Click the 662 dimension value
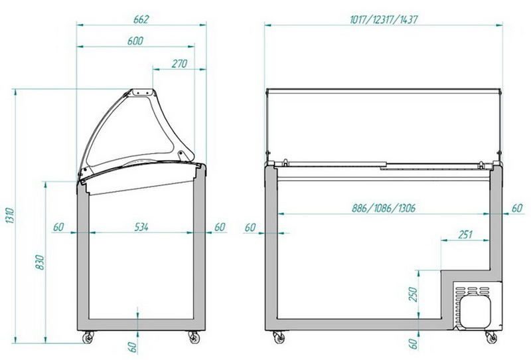(141, 19)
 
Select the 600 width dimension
(135, 41)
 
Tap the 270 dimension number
(179, 63)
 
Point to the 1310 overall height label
(10, 216)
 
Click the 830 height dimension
(40, 262)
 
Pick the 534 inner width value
(141, 226)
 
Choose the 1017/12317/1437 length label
(384, 19)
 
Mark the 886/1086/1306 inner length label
(384, 208)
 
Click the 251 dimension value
(465, 234)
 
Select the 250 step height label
(413, 294)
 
